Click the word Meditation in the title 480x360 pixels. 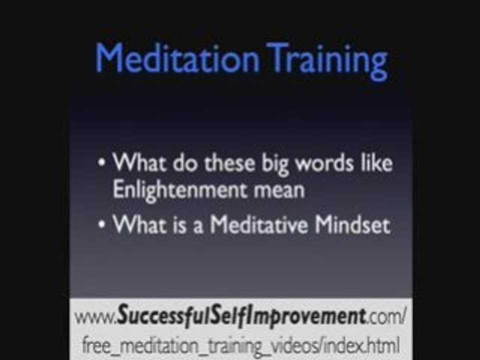tap(177, 59)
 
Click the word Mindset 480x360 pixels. tap(352, 225)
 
